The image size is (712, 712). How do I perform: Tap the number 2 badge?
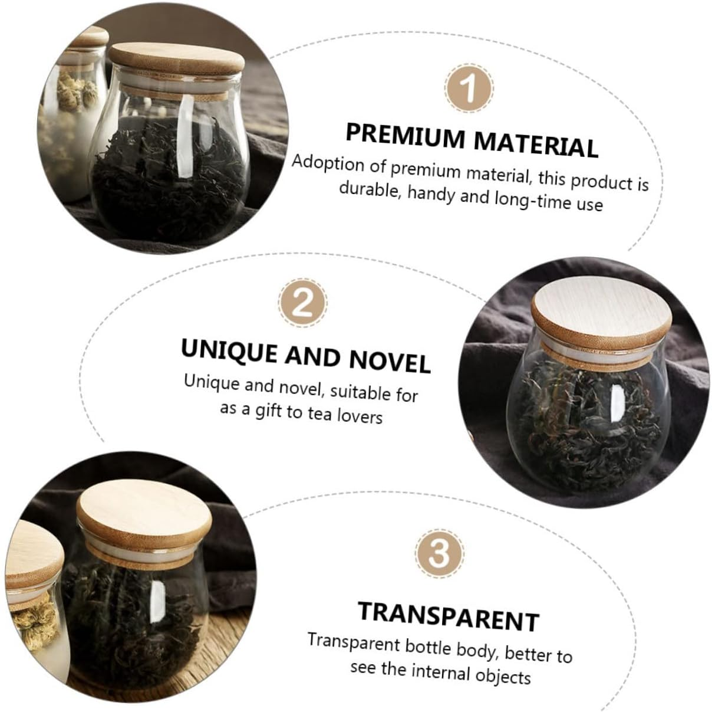point(303,304)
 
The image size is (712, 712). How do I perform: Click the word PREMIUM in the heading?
point(404,136)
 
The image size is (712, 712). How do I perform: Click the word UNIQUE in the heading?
point(228,351)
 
